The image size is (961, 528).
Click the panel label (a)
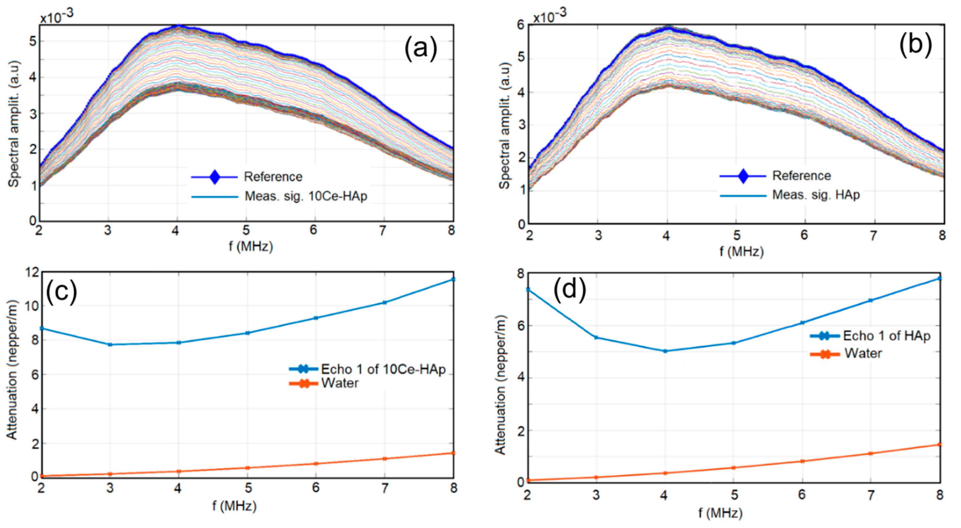[421, 49]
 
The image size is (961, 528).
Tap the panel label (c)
[61, 291]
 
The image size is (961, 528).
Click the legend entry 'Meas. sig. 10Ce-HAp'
[306, 196]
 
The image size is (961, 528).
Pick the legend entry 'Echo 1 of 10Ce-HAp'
[383, 369]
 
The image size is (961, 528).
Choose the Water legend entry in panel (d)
[863, 353]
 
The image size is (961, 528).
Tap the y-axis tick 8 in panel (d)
[520, 274]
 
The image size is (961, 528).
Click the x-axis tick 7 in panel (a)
[383, 231]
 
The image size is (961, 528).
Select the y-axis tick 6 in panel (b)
[520, 25]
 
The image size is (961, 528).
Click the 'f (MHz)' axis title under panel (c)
[235, 506]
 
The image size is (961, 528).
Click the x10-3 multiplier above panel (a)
[57, 16]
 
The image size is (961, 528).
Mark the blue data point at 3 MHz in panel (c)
[110, 344]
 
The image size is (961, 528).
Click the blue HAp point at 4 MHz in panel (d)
[665, 351]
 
